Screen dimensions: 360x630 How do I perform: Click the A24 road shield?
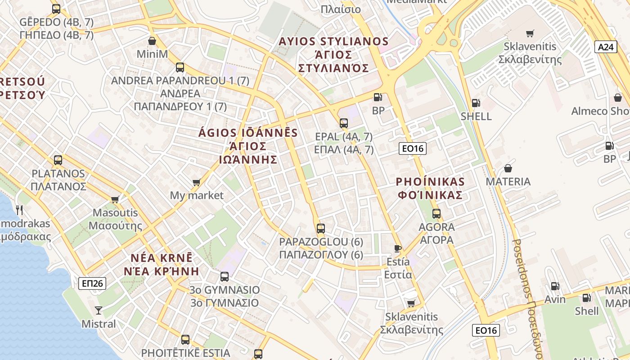click(605, 47)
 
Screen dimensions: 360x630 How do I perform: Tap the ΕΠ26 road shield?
click(92, 283)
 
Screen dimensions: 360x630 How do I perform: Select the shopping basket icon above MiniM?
click(152, 41)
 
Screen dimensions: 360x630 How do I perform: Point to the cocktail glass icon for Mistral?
click(99, 310)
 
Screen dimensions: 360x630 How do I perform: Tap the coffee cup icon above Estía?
click(398, 248)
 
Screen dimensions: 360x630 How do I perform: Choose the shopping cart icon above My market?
click(196, 182)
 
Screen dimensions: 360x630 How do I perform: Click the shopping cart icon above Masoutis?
click(115, 199)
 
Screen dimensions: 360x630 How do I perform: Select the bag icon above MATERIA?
click(508, 168)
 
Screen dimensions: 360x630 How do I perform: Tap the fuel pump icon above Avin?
click(555, 286)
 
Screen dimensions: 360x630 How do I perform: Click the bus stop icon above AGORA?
click(436, 214)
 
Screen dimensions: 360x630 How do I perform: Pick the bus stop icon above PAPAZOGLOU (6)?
click(320, 228)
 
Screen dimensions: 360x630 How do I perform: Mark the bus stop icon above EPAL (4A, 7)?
click(344, 123)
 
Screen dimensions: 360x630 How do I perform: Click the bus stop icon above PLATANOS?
click(58, 160)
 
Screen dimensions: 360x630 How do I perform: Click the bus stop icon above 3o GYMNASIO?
click(225, 277)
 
